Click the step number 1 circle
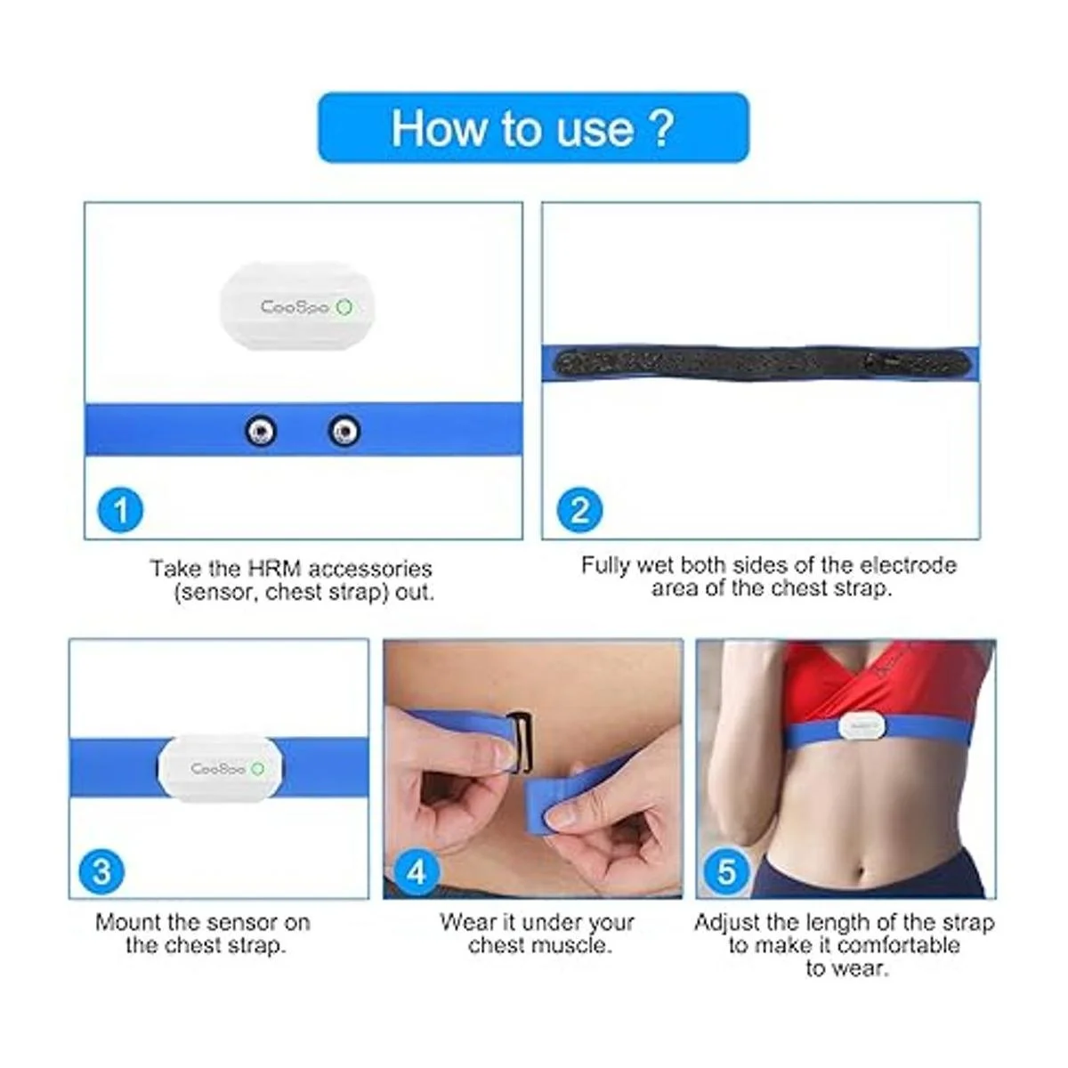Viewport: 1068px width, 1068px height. point(120,510)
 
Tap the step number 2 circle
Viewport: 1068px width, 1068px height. point(579,510)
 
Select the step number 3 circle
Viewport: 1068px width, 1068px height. point(101,871)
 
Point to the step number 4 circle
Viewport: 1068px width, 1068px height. point(417,872)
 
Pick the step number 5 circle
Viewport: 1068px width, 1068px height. point(727,872)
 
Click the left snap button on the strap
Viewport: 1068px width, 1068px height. point(261,431)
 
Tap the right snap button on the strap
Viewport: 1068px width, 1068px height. point(344,431)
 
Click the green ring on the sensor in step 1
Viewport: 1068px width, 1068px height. point(345,307)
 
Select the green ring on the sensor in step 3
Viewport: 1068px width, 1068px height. point(258,769)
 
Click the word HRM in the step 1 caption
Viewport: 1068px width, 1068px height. point(274,570)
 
